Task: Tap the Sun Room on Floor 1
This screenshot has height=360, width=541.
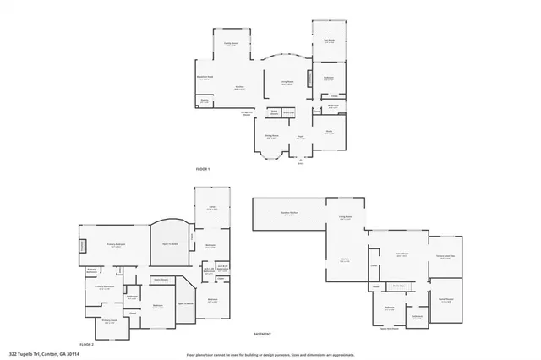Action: click(x=329, y=40)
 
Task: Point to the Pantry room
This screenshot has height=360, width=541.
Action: click(x=205, y=101)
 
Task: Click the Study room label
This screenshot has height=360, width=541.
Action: click(x=329, y=132)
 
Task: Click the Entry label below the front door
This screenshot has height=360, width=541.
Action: click(x=300, y=163)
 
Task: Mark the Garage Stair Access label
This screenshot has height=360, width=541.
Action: click(x=247, y=113)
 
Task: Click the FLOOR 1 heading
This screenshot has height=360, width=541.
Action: click(x=202, y=170)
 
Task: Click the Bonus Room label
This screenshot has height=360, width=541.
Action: click(x=402, y=254)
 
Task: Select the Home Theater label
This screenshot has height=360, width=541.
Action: click(x=445, y=300)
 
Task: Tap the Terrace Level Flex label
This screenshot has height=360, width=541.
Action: click(x=445, y=257)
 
